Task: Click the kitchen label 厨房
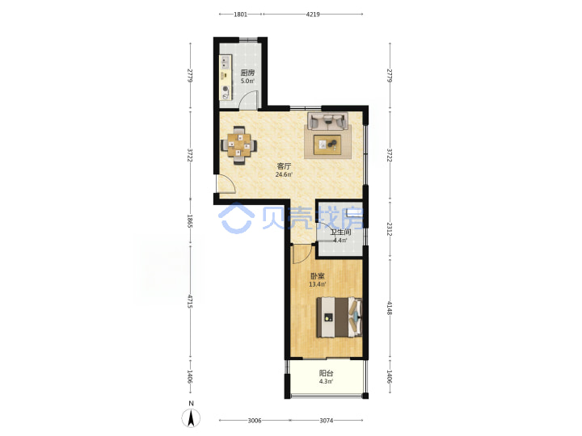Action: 247,73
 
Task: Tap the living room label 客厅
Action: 284,166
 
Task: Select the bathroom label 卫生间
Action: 341,233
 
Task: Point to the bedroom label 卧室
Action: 318,276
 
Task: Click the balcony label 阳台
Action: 326,373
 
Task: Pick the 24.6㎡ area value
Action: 284,174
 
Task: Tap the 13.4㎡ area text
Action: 318,285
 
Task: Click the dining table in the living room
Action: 239,145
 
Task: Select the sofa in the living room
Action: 327,121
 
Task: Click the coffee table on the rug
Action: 327,145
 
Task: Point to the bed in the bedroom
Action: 339,317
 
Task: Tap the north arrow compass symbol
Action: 191,418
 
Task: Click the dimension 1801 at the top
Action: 241,15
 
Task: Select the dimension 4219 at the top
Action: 313,15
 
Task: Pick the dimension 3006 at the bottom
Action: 255,421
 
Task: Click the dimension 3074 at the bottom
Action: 327,421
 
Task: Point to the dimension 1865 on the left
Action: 190,221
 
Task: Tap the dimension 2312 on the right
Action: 389,229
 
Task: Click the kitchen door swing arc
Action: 247,98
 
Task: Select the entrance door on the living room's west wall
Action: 226,184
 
